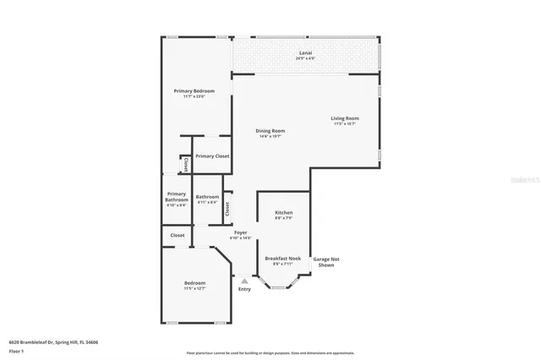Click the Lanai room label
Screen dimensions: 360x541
(x=305, y=52)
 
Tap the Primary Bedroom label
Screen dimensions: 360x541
(x=194, y=91)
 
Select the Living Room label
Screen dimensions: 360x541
(x=345, y=118)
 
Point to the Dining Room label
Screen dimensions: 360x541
(x=270, y=131)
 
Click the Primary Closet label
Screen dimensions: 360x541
(x=212, y=156)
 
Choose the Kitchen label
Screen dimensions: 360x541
(x=284, y=212)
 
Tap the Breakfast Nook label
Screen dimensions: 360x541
(x=283, y=259)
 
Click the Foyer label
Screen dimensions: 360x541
(x=241, y=232)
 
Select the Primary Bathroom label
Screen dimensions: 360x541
(x=177, y=197)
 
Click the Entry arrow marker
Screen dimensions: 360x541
(x=244, y=281)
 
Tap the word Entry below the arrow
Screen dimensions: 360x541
(x=244, y=290)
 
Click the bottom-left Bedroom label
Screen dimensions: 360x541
(x=194, y=283)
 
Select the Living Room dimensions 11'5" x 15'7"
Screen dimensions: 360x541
(x=345, y=124)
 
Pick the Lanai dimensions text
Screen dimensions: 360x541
(x=305, y=58)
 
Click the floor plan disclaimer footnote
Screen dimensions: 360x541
(x=270, y=352)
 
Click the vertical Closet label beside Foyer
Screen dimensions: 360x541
(x=228, y=208)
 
